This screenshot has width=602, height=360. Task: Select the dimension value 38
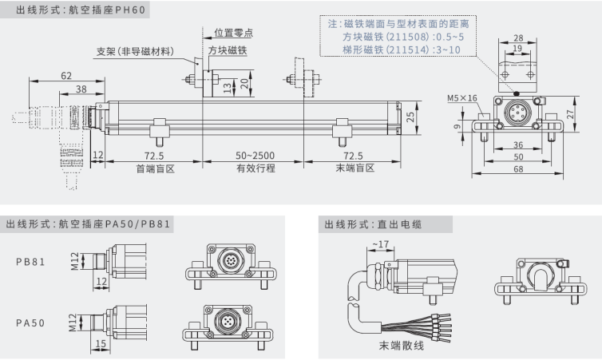pyautogui.click(x=81, y=90)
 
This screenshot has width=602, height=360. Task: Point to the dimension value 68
pyautogui.click(x=519, y=171)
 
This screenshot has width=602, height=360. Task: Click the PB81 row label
pyautogui.click(x=31, y=261)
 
